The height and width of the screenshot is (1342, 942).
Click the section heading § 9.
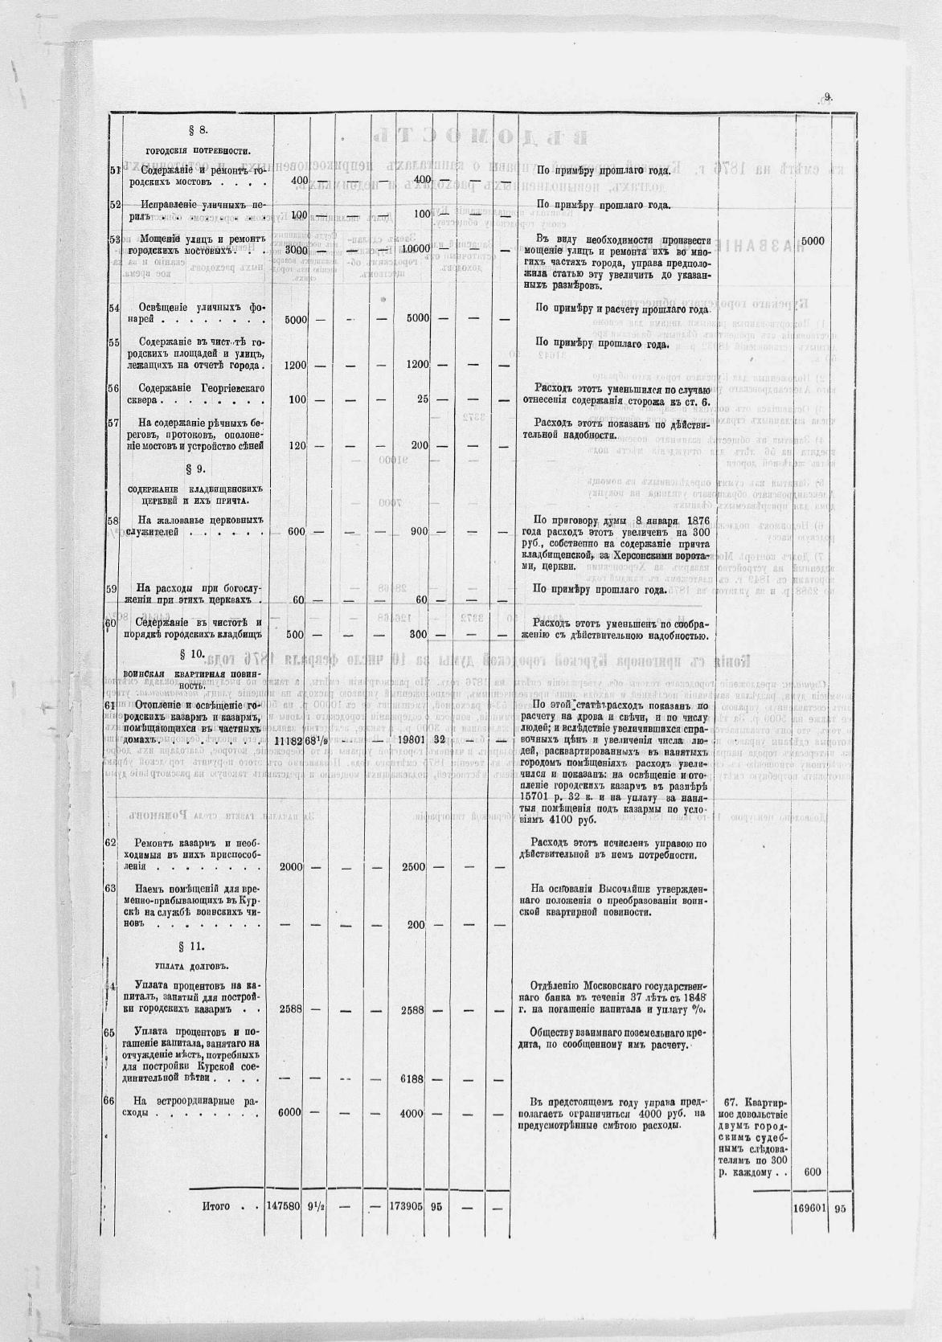(x=196, y=468)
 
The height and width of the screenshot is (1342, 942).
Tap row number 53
(x=114, y=239)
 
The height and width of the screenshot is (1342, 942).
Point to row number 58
(x=114, y=521)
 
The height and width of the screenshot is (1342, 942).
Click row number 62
(x=112, y=842)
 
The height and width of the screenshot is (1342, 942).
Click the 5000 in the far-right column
(x=813, y=240)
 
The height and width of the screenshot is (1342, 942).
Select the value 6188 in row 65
(x=414, y=1078)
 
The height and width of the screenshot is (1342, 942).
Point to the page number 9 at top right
(x=827, y=97)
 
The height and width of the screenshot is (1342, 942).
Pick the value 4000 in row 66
(x=414, y=1113)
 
